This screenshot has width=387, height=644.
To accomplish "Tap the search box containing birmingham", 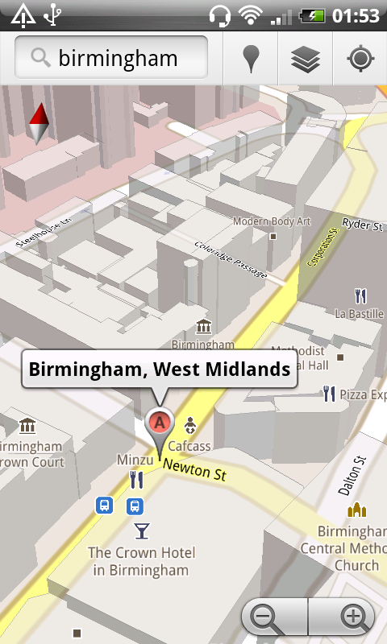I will [111, 58].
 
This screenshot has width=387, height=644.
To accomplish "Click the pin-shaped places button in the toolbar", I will [252, 59].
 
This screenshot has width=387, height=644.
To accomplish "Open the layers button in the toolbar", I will [306, 59].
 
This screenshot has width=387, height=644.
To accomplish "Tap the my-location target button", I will [359, 59].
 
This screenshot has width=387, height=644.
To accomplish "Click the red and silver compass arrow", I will [38, 123].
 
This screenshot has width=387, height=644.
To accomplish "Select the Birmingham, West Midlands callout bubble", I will [159, 369].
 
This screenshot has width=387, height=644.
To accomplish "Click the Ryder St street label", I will [361, 223].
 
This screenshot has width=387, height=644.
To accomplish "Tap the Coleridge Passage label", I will [231, 262].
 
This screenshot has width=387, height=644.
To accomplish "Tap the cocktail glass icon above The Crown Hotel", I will [142, 530].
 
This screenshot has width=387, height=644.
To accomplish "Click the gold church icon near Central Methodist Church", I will [356, 510].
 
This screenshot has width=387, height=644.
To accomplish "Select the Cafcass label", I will [189, 446].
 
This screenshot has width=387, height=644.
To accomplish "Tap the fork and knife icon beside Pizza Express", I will [328, 394].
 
